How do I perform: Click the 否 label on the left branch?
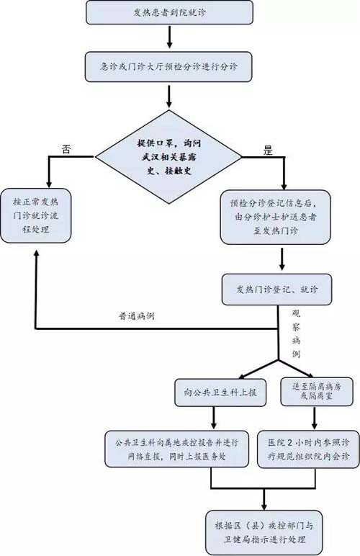click(x=66, y=149)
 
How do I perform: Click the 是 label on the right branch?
click(x=269, y=151)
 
